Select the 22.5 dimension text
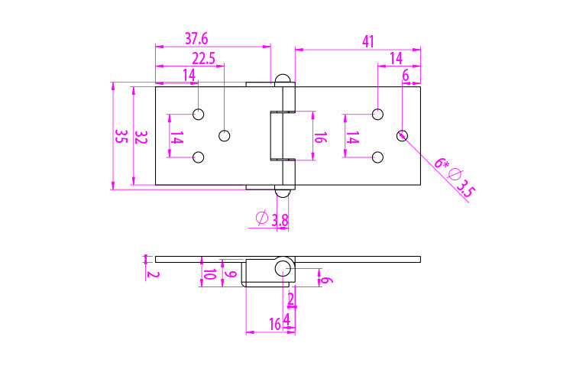point(203,59)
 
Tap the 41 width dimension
point(368,41)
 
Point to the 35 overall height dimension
point(121,137)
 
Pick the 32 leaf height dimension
point(141,137)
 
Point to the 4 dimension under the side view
point(286,318)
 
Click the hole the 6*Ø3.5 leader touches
point(403,135)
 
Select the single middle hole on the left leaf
point(225,135)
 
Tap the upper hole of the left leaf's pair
point(199,115)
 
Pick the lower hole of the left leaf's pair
point(199,157)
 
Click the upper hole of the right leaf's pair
point(377,115)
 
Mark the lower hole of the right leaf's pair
point(377,157)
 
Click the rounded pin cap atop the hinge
point(283,79)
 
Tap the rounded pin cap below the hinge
point(283,192)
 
